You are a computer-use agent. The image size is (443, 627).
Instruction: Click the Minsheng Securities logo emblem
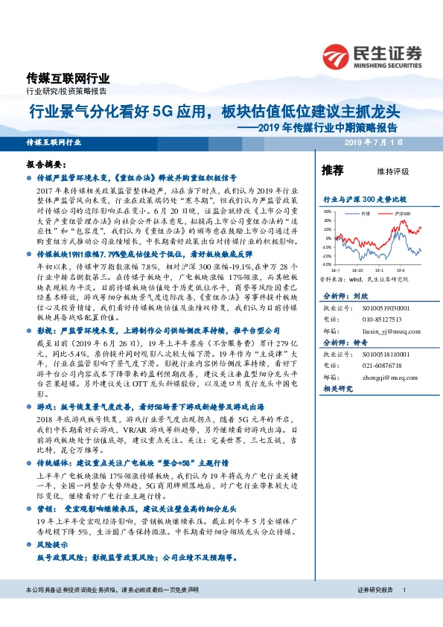click(x=337, y=54)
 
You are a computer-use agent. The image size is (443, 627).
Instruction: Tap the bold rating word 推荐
click(x=332, y=171)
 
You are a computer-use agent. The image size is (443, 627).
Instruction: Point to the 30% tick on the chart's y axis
click(x=327, y=212)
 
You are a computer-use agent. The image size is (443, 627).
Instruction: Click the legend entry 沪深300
click(x=403, y=213)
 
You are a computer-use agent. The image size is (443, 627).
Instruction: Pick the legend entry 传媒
click(x=365, y=213)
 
